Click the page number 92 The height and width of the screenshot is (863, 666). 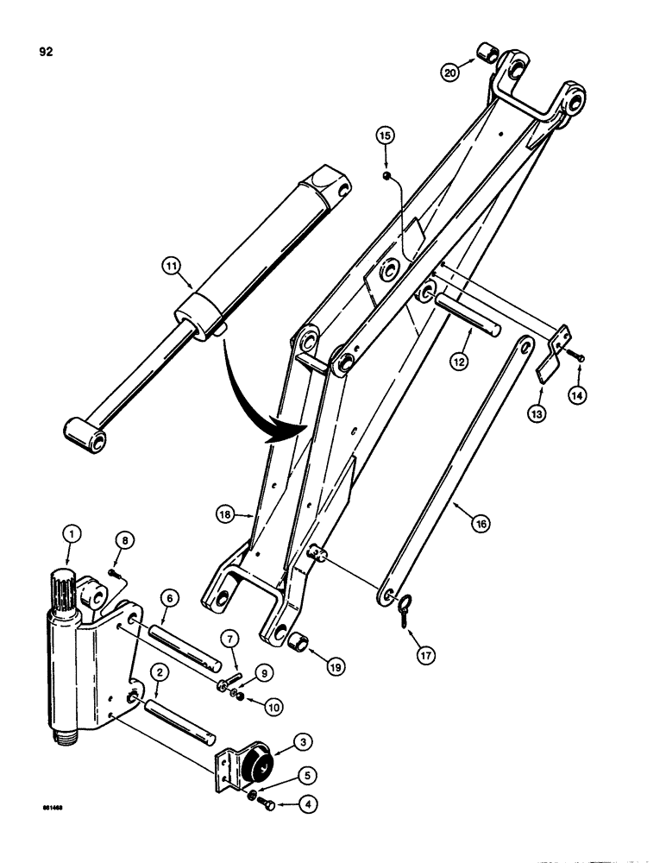point(46,52)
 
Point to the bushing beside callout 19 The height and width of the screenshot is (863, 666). point(302,643)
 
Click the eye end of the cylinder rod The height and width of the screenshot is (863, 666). point(87,434)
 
